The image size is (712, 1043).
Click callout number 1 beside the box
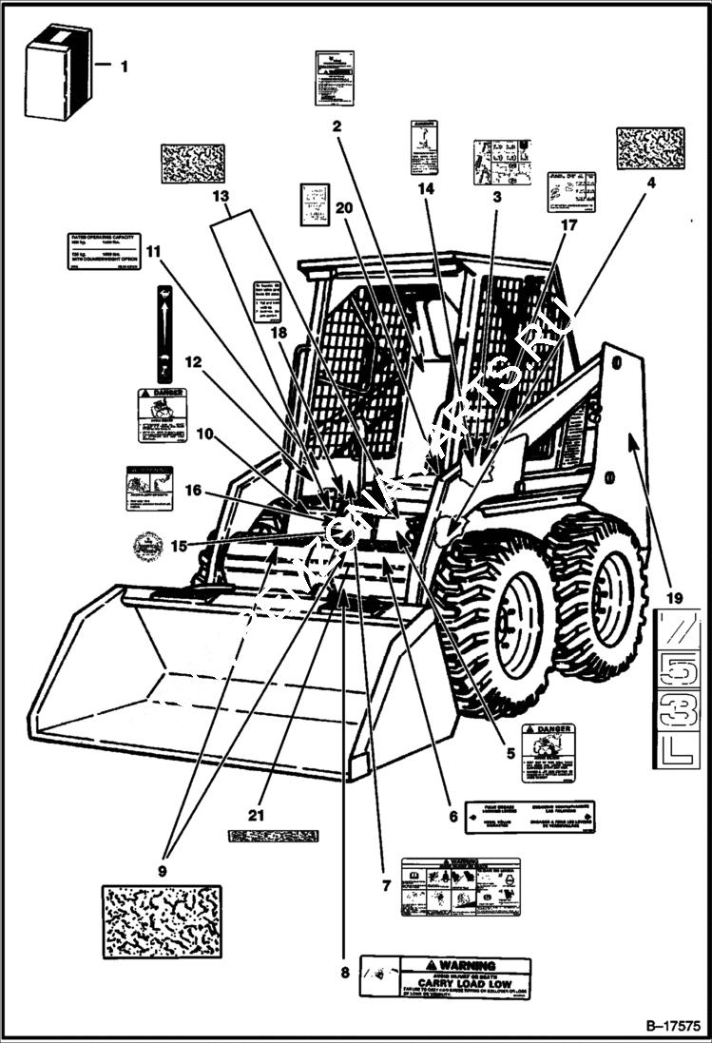[x=124, y=67]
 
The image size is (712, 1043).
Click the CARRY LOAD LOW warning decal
[x=446, y=976]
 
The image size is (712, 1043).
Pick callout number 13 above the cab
[x=221, y=197]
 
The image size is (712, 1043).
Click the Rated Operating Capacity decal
[x=105, y=251]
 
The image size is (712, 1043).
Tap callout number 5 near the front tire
[x=510, y=753]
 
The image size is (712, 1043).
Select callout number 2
[x=337, y=124]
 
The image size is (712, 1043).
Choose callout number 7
[x=386, y=885]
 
